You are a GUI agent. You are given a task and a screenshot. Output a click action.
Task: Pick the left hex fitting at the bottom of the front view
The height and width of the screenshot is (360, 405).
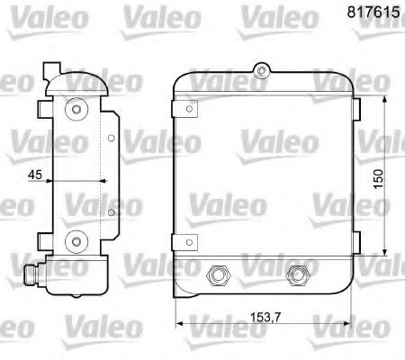tap(217, 274)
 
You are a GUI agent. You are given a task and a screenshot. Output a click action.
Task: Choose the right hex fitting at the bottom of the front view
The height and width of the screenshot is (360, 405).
tap(294, 274)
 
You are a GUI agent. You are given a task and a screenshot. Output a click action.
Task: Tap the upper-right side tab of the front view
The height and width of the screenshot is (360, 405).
tap(356, 111)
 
